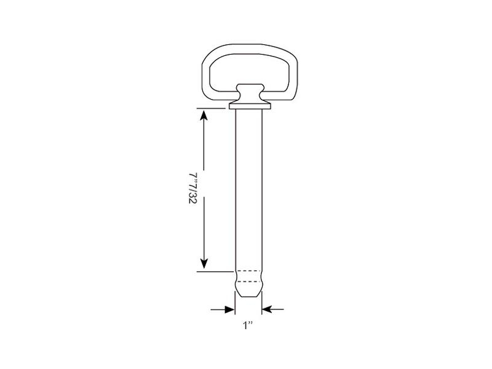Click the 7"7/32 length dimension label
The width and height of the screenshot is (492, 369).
(x=192, y=188)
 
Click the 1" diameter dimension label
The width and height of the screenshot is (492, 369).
(x=248, y=325)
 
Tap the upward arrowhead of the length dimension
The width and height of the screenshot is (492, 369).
(x=204, y=115)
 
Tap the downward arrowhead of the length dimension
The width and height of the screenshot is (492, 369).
(x=204, y=264)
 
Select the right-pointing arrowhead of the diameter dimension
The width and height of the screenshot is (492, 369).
(x=229, y=309)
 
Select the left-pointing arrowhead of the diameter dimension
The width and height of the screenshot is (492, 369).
(x=267, y=309)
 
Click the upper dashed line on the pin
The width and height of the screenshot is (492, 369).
(x=248, y=271)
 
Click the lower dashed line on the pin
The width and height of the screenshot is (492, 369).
(x=248, y=282)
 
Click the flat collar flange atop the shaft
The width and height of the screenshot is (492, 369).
(x=250, y=106)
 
